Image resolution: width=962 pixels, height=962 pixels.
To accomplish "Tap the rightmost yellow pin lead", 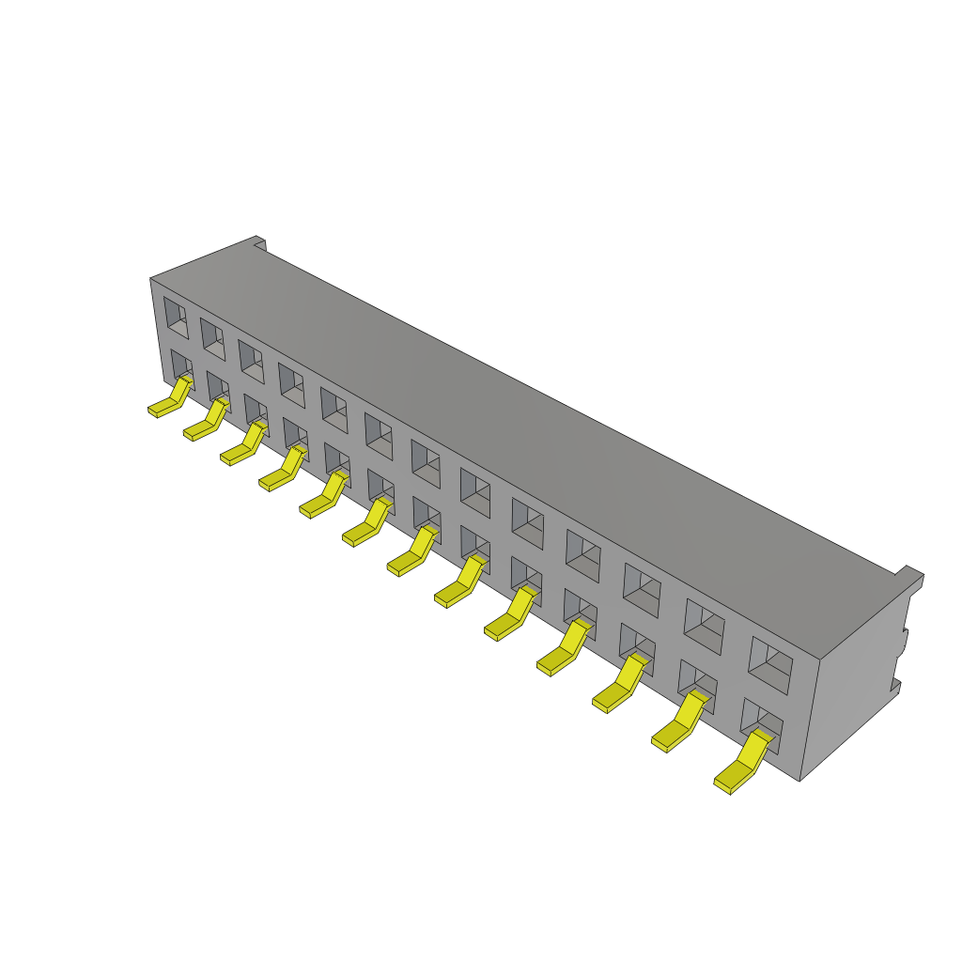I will point(742,765).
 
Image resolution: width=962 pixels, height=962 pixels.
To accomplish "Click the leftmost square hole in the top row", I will point(176,318).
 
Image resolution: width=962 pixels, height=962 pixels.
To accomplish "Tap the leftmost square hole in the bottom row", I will point(181,367).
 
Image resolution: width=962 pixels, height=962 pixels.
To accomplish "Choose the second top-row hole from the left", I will point(212,339).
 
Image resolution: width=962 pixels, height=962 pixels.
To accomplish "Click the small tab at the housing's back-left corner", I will point(260,244).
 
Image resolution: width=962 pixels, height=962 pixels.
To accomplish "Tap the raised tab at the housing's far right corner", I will point(910,574).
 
